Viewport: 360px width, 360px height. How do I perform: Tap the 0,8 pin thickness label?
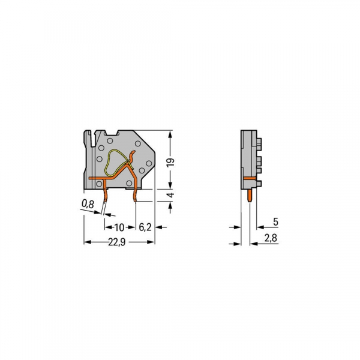pyautogui.click(x=88, y=205)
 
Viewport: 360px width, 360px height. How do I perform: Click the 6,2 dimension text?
pyautogui.click(x=145, y=227)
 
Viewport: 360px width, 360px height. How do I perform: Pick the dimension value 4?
pyautogui.click(x=172, y=196)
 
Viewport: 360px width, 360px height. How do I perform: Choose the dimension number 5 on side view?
pyautogui.click(x=275, y=221)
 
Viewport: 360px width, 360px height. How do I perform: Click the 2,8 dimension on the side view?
pyautogui.click(x=271, y=238)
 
